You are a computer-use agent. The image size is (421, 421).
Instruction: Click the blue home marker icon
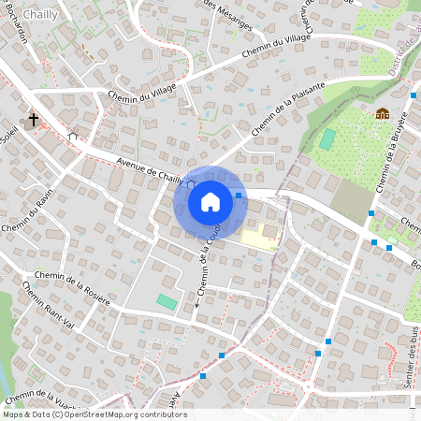(210, 201)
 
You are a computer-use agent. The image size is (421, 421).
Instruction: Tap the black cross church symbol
(34, 120)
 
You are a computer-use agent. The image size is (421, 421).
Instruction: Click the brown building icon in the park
(382, 114)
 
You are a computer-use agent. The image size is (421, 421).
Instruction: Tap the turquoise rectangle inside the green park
(327, 138)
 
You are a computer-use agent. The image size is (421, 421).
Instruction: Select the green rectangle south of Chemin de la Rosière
(166, 301)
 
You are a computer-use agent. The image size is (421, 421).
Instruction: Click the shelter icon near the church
(73, 136)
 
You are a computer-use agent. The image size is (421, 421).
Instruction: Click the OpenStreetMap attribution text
(94, 414)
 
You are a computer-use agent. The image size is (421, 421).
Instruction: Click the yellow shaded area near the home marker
(259, 239)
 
